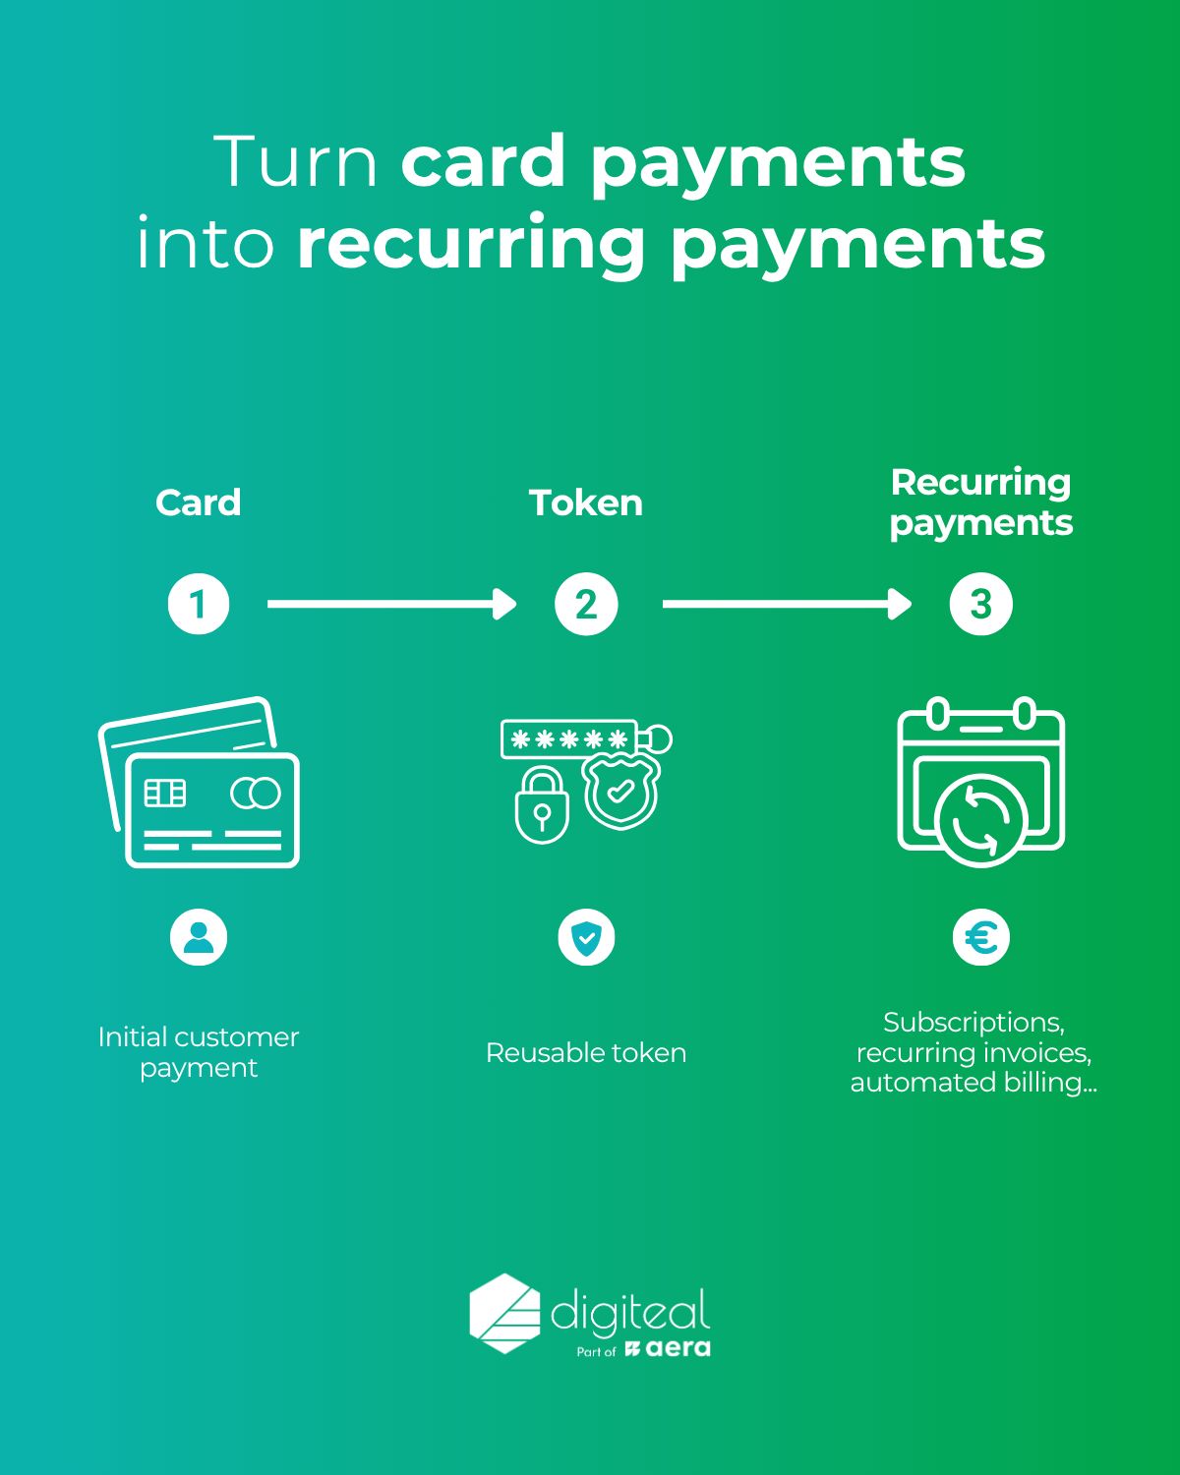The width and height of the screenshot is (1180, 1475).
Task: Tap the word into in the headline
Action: click(205, 243)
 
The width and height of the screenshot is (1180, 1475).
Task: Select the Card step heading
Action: click(199, 503)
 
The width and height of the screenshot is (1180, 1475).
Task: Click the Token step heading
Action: click(585, 503)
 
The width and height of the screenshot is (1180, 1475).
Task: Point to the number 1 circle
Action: click(199, 604)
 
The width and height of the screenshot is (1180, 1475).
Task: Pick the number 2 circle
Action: click(586, 604)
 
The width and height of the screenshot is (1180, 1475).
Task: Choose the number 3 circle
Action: click(980, 604)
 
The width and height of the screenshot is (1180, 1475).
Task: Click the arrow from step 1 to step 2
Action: click(391, 604)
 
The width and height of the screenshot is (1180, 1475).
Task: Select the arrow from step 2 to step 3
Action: click(787, 604)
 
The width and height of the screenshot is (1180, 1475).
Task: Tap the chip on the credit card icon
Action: click(164, 793)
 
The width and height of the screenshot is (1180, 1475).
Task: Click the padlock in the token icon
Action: click(542, 805)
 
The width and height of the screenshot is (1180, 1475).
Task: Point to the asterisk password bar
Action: click(569, 738)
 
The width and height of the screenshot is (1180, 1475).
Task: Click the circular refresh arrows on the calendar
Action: click(980, 820)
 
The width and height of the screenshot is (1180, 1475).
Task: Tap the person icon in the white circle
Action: click(199, 937)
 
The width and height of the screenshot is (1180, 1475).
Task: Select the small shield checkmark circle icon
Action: click(586, 937)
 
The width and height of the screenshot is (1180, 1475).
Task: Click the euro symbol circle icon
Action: click(980, 937)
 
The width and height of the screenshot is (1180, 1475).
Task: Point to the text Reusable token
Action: click(586, 1053)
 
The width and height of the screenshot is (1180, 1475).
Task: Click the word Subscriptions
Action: click(973, 1023)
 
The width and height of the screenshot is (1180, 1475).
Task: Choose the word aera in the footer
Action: click(678, 1349)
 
